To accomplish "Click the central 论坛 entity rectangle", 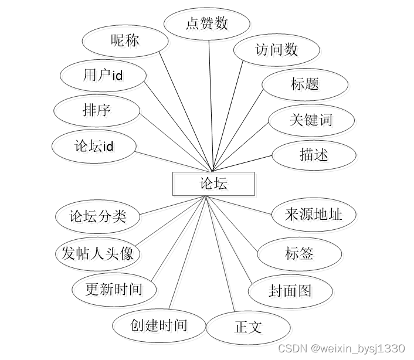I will click(x=213, y=184).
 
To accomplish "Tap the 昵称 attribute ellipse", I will click(x=124, y=40).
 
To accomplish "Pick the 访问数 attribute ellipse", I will click(x=276, y=50).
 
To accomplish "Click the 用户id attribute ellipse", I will click(x=103, y=76).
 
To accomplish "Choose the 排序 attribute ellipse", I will click(x=97, y=110).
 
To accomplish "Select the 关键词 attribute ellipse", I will click(x=311, y=120).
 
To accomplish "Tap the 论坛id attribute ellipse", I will click(x=94, y=146).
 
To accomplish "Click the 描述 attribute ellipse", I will click(x=314, y=155).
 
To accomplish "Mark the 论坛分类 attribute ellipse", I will click(x=98, y=217).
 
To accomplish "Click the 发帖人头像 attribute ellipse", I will click(x=98, y=253).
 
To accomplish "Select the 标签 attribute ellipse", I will click(x=299, y=253).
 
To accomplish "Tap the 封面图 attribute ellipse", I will click(x=290, y=290).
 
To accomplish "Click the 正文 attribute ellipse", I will click(x=248, y=327).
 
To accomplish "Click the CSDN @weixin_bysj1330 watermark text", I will click(x=341, y=349).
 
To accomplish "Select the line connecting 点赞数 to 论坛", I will click(x=211, y=106).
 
